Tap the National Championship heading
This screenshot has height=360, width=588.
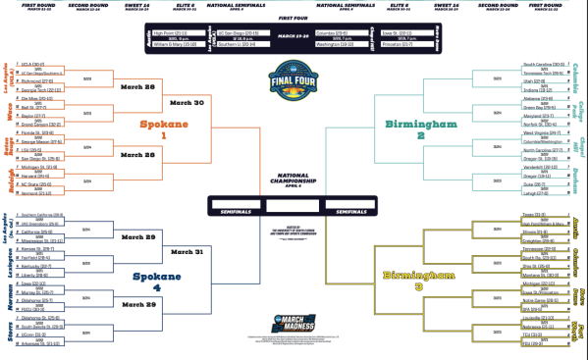click(x=294, y=182)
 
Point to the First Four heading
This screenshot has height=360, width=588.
click(x=294, y=20)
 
